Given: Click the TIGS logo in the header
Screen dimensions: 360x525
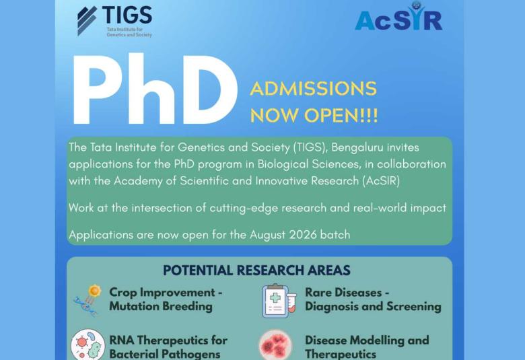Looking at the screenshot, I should [x=114, y=21].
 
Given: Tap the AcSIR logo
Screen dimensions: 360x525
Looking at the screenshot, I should [x=398, y=18].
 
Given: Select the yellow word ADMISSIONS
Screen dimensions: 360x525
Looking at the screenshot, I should [x=313, y=89].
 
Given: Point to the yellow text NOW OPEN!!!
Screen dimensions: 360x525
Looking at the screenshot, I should [x=314, y=115].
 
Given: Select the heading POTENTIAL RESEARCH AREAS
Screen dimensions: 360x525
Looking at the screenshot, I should [x=256, y=271].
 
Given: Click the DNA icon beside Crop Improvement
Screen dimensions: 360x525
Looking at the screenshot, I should [x=87, y=300].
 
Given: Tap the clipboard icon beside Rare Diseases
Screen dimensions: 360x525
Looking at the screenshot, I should [x=277, y=300].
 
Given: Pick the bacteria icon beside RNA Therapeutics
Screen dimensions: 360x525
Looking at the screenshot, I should [x=87, y=345].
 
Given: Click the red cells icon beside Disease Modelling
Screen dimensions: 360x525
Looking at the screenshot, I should [x=276, y=345].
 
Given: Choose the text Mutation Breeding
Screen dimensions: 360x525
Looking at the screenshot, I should [x=160, y=307].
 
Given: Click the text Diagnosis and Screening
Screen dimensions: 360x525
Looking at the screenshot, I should [x=373, y=307].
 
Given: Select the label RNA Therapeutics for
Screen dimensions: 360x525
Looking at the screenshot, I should [x=168, y=340].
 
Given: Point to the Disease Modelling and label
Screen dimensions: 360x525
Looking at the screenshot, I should [x=367, y=340].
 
